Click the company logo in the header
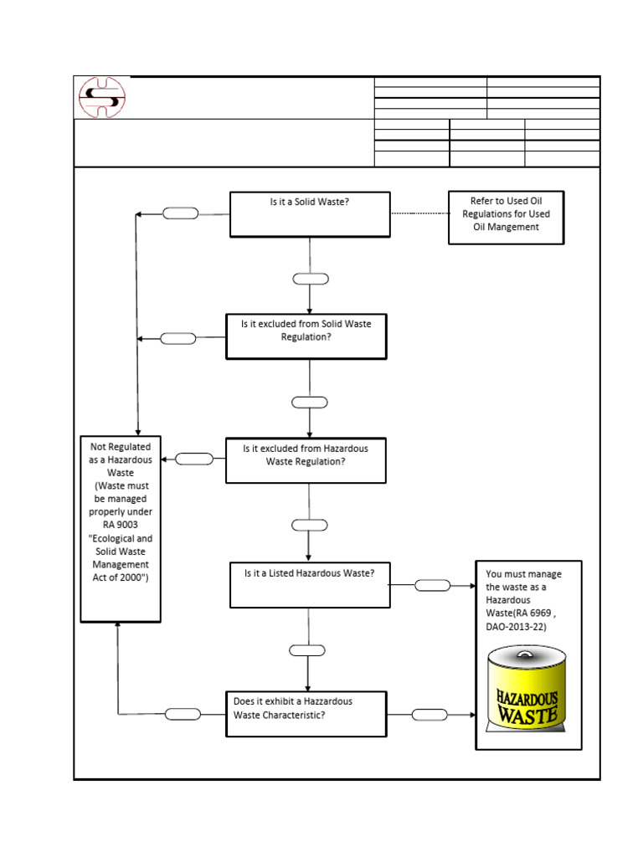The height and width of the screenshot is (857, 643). click(102, 97)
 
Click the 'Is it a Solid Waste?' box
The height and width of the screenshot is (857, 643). click(310, 214)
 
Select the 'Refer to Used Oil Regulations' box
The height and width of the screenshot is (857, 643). click(506, 218)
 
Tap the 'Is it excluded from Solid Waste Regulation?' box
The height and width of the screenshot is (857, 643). click(306, 336)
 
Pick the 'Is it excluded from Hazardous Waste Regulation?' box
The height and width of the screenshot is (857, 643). click(306, 459)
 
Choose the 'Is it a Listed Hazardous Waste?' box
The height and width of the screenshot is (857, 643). click(310, 584)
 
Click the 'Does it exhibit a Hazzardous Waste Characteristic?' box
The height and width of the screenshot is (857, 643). click(306, 713)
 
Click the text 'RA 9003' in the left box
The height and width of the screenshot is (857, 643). click(120, 525)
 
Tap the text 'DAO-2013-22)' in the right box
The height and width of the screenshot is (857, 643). click(516, 626)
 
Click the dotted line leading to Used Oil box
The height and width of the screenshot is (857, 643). click(419, 214)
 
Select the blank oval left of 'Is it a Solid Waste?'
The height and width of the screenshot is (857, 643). click(181, 213)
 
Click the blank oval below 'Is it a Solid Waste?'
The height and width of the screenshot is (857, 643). click(310, 279)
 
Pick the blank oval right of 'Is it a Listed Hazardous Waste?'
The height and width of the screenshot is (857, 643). click(432, 585)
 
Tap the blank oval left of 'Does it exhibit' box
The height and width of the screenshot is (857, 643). click(183, 714)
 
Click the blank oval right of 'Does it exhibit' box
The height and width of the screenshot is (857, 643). click(430, 714)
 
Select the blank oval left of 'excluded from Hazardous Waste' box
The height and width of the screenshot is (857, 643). click(195, 459)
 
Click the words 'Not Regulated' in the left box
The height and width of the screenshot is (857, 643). click(121, 447)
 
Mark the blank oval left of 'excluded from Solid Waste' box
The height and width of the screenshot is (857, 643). click(177, 338)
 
